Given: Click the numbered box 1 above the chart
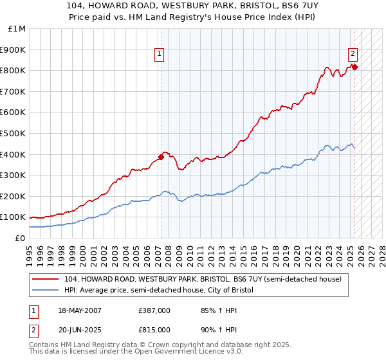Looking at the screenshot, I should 158,55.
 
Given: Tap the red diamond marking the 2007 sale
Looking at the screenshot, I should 161,156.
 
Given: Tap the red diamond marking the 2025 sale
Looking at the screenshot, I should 354,66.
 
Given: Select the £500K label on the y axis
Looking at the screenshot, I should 14,133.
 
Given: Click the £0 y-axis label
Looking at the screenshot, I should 21,238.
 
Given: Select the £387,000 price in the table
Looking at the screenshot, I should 154,311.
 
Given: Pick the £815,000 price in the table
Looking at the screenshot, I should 154,329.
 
